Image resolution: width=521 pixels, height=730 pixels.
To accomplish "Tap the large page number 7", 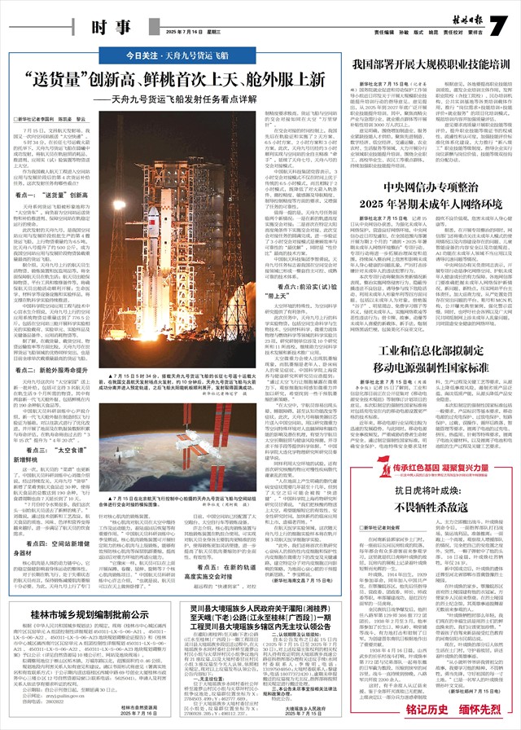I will pos(27,25).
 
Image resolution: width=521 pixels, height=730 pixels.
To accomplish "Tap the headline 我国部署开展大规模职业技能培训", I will pos(425,61).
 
